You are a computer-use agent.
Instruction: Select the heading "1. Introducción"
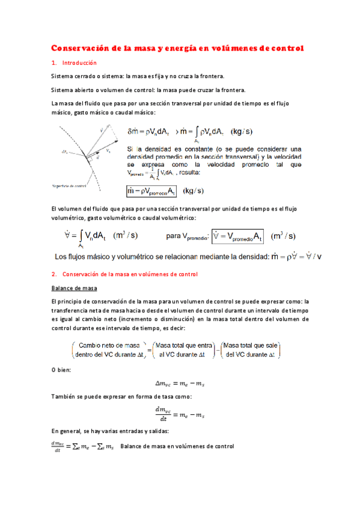73,63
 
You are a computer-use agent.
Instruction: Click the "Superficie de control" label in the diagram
70,186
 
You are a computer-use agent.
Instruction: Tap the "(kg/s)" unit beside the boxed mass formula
194,191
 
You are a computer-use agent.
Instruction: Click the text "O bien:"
61,369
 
